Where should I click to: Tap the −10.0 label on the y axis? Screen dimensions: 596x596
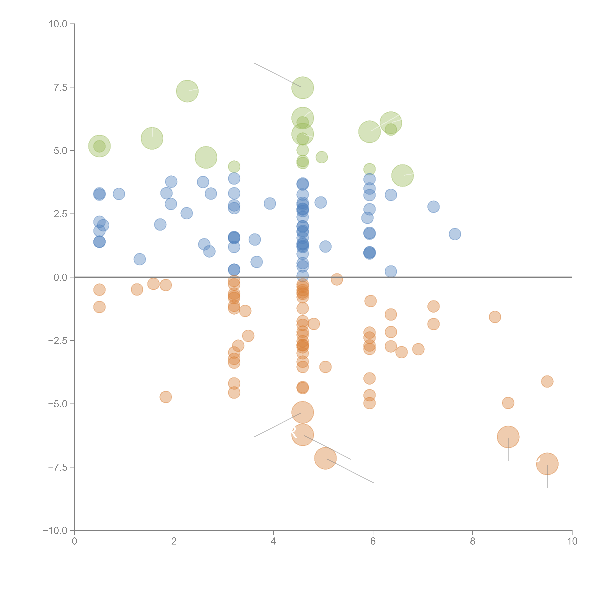coord(55,531)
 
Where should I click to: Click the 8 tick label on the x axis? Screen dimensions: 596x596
coord(473,541)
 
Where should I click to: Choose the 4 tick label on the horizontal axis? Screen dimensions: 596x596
coord(273,541)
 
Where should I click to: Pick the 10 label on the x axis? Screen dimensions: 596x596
coord(572,541)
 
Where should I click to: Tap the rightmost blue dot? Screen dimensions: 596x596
coord(455,234)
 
